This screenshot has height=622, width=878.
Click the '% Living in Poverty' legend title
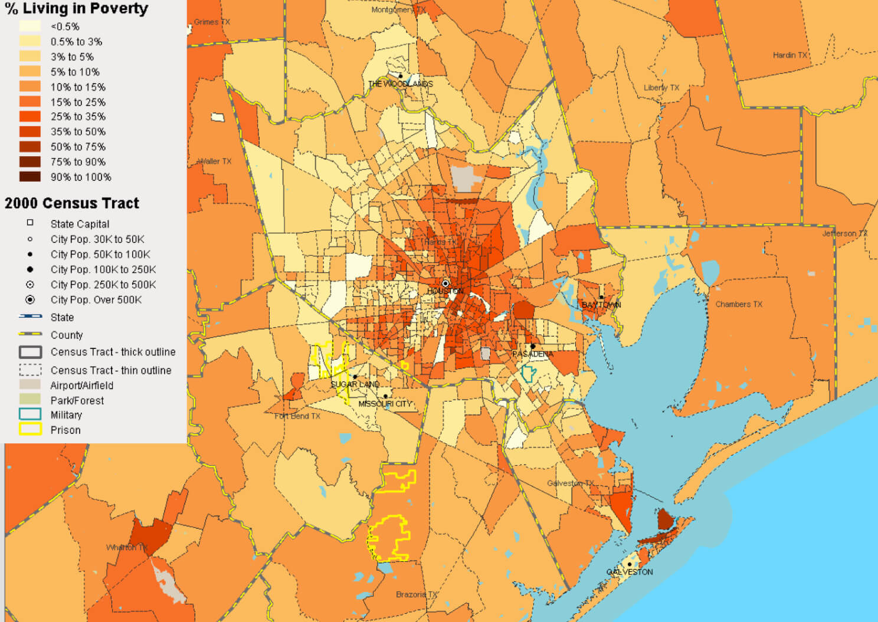pos(76,9)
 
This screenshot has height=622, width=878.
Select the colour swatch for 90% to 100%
pos(30,177)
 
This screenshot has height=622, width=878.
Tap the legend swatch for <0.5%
pos(30,26)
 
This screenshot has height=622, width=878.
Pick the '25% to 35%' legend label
pos(78,117)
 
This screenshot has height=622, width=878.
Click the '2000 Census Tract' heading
pos(72,203)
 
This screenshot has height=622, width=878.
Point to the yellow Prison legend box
pos(30,430)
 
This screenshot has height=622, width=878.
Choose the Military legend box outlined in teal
pos(30,414)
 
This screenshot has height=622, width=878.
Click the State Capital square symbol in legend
pos(30,223)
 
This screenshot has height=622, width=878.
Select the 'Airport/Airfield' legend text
pos(81,386)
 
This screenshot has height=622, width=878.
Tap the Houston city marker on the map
pos(445,284)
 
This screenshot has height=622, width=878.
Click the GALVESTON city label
pos(630,572)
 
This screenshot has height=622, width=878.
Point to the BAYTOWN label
pos(601,305)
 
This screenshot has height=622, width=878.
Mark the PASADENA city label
pos(532,354)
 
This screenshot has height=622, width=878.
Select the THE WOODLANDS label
pos(401,84)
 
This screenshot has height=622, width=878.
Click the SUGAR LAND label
pos(355,384)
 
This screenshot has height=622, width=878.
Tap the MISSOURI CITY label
pos(385,404)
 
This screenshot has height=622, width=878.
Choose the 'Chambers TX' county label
pos(739,304)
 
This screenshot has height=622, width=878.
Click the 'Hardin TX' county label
pos(789,55)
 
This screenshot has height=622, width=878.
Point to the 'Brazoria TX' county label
pos(417,594)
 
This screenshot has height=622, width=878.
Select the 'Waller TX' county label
pos(214,162)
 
